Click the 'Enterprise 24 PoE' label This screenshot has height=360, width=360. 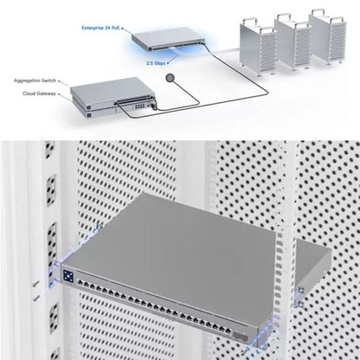(100, 28)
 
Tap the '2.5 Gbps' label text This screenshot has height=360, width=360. (156, 63)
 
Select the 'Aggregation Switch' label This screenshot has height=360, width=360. (35, 80)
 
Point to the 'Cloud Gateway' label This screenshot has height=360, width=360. (39, 93)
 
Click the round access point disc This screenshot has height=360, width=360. (170, 78)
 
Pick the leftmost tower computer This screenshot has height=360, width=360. (258, 46)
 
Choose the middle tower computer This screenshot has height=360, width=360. (292, 41)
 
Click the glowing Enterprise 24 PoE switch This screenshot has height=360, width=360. (168, 39)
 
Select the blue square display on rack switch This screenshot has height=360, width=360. (68, 276)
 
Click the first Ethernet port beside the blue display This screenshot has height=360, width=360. (80, 283)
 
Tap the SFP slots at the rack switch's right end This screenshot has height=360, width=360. (241, 336)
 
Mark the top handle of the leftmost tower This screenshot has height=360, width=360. (249, 22)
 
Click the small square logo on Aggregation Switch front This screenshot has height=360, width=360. (89, 107)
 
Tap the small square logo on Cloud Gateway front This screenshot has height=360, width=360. (89, 116)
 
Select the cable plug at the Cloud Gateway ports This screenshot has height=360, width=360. (153, 107)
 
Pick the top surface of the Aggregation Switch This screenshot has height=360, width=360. (112, 88)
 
